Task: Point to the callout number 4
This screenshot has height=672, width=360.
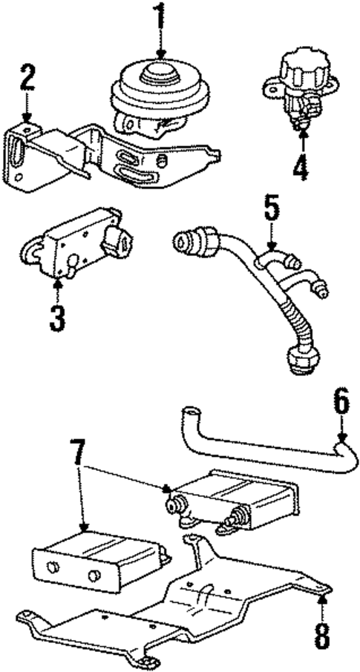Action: [300, 168]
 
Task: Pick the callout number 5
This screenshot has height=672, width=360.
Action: [272, 209]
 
